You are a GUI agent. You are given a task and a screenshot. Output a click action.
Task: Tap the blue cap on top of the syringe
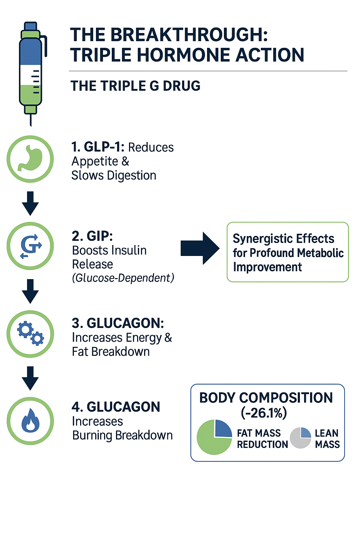click(x=31, y=26)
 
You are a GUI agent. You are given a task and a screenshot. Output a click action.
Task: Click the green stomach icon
click(x=31, y=159)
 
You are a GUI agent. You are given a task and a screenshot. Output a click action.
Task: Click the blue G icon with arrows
click(x=31, y=246)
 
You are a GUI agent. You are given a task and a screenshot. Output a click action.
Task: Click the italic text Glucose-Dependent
click(x=123, y=278)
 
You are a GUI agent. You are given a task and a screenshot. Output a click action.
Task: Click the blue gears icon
click(x=31, y=334)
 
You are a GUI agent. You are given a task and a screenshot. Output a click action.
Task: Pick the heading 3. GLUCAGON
click(x=118, y=323)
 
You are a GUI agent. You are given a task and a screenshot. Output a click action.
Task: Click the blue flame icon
click(x=31, y=420)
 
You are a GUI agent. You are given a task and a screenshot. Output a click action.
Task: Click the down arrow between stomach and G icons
click(x=30, y=203)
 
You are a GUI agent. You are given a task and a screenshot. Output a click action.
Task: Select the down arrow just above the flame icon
click(x=30, y=378)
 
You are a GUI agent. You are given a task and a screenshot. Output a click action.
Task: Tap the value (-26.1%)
click(x=264, y=413)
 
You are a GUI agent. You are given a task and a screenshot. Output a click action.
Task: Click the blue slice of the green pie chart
click(x=222, y=429)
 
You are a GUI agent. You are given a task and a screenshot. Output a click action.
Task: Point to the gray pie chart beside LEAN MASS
click(x=300, y=438)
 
